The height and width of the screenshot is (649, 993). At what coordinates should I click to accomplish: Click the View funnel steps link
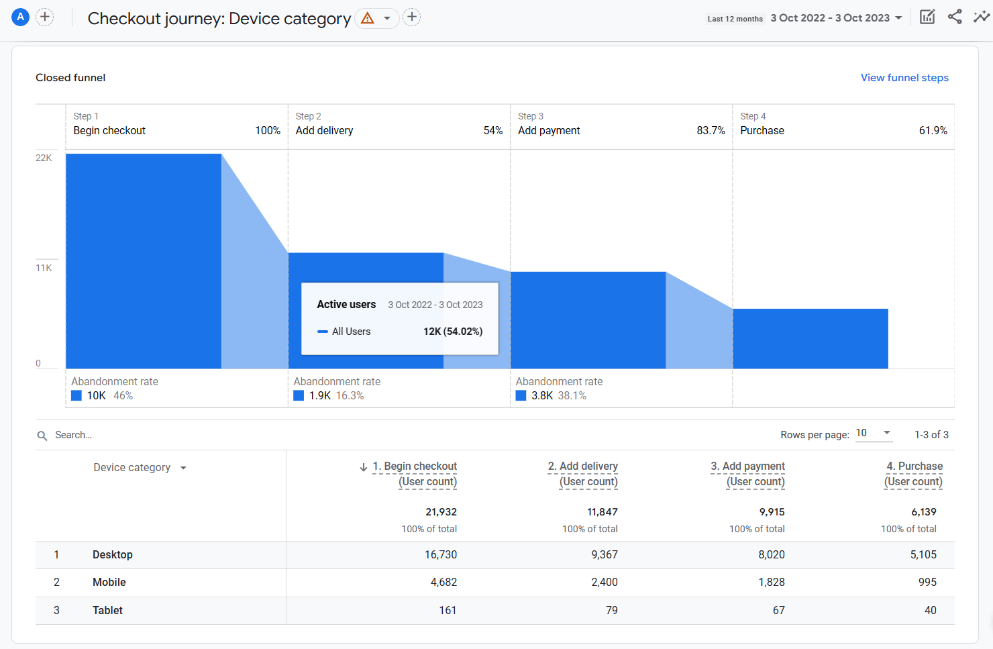pos(904,78)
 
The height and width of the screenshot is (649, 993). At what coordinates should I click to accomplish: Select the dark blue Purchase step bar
pos(810,338)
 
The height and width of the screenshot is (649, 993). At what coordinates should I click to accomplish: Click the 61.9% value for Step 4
pos(933,131)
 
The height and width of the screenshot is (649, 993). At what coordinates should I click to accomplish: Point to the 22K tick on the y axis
pos(44,158)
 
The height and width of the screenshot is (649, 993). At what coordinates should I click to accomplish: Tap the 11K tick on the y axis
pos(44,268)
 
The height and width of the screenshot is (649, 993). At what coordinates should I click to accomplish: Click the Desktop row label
pos(113,555)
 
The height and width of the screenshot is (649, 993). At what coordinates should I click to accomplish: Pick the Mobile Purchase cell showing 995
pos(927,583)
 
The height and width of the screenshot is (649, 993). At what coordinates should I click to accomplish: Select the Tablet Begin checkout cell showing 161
pos(447,611)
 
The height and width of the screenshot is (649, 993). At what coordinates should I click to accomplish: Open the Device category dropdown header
pos(140,468)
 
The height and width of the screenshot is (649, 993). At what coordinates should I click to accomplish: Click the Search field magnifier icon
pos(42,436)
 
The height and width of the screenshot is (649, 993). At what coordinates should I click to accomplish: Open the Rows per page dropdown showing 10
pos(873,434)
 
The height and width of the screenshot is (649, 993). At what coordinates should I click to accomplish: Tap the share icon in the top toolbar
pos(955,17)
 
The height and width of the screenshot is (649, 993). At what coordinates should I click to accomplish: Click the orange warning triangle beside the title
pos(368,18)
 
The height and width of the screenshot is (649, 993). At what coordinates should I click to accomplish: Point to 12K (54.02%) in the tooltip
pos(452,332)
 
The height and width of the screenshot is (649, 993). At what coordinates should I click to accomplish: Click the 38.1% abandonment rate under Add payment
pos(572,396)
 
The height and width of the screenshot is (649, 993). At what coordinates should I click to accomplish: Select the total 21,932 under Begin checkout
pos(441,512)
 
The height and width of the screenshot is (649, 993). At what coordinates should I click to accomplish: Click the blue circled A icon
pos(21,17)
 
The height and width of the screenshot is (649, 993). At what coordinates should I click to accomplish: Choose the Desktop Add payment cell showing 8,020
pos(771,555)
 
